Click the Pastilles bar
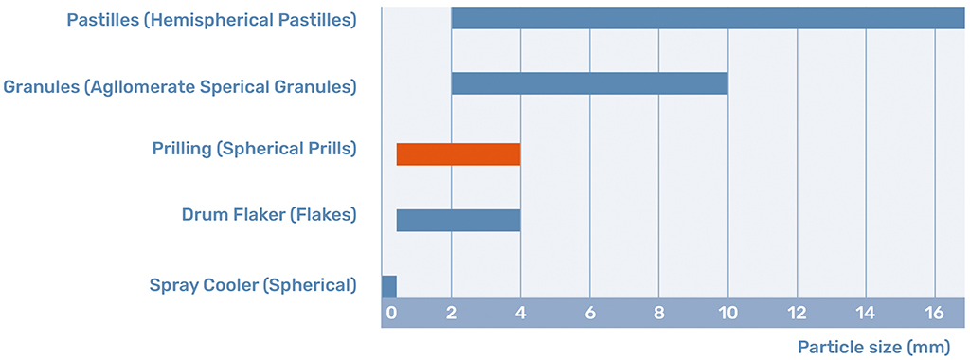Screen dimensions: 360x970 point(708,18)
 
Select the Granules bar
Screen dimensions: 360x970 point(589,83)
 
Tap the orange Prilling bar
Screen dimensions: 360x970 point(458,153)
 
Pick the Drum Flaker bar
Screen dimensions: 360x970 point(458,220)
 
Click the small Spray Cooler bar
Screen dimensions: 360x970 point(388,286)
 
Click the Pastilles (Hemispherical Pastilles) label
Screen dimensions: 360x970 point(211,19)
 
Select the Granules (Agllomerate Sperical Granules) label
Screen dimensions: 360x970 point(180,87)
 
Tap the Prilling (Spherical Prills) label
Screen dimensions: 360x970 point(254,150)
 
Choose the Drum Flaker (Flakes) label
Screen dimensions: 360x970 point(269,215)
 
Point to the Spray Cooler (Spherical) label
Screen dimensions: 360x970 point(253,285)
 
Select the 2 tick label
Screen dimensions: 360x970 point(452,314)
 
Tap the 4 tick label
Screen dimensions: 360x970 point(521,314)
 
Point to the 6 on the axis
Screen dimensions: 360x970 point(590,314)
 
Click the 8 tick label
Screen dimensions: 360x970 point(659,314)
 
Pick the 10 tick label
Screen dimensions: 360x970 point(728,314)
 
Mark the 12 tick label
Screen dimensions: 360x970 point(798,314)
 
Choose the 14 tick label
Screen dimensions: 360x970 point(867,314)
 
